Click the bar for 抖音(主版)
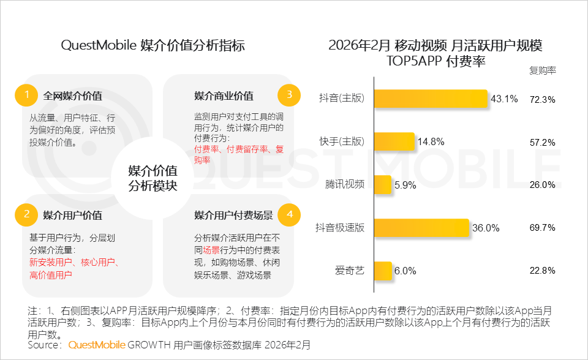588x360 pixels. pyautogui.click(x=431, y=99)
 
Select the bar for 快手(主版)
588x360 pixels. pyautogui.click(x=394, y=142)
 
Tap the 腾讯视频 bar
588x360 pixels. pyautogui.click(x=382, y=185)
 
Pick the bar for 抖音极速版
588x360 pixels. pyautogui.click(x=421, y=228)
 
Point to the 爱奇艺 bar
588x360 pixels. pyautogui.click(x=382, y=270)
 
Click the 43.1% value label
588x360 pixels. pyautogui.click(x=504, y=99)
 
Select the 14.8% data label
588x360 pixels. pyautogui.click(x=431, y=142)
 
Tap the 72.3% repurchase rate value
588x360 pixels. pyautogui.click(x=542, y=99)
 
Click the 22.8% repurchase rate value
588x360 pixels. pyautogui.click(x=542, y=271)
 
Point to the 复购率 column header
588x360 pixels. pyautogui.click(x=542, y=70)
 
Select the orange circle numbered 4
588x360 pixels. pyautogui.click(x=289, y=214)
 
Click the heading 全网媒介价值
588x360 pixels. pyautogui.click(x=72, y=96)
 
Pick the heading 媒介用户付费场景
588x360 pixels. pyautogui.click(x=233, y=215)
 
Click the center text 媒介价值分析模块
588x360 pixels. pyautogui.click(x=153, y=178)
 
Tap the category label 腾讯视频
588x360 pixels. pyautogui.click(x=345, y=185)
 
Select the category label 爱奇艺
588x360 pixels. pyautogui.click(x=350, y=271)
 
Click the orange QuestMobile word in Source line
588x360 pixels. pyautogui.click(x=97, y=345)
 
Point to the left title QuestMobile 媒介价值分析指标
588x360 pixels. pyautogui.click(x=153, y=46)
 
